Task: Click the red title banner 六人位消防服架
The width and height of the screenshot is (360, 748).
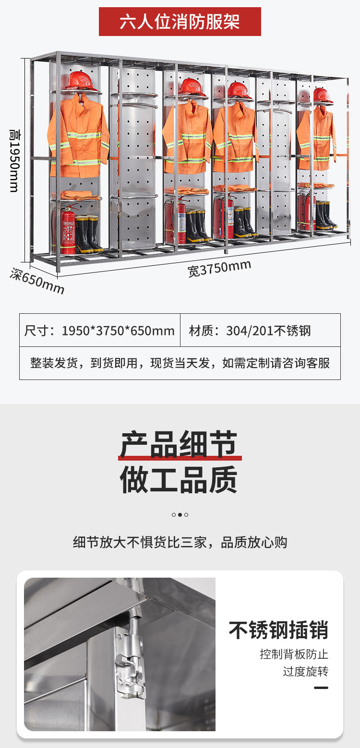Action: (180, 22)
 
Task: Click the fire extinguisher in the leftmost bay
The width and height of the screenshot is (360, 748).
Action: (68, 229)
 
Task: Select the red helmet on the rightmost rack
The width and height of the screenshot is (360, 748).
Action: (323, 95)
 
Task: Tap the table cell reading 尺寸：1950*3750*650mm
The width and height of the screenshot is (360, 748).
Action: (99, 331)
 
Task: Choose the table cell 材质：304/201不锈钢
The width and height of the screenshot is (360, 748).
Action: (250, 331)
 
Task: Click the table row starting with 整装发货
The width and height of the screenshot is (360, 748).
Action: (180, 363)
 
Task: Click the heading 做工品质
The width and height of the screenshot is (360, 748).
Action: (179, 480)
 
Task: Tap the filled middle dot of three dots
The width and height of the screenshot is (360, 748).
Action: (180, 515)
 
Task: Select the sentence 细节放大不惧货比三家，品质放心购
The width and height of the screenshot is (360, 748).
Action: (180, 543)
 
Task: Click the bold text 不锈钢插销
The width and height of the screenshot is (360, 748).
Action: (278, 630)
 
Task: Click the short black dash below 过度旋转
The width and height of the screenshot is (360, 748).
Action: (321, 688)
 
